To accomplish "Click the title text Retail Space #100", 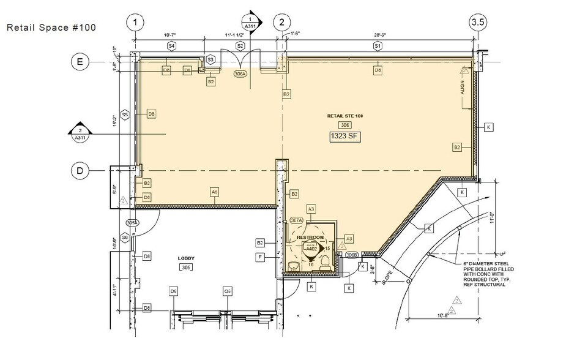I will pyautogui.click(x=51, y=28).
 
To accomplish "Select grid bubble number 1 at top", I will pyautogui.click(x=135, y=23).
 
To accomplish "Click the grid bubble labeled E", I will pyautogui.click(x=80, y=61).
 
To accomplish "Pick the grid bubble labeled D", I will pyautogui.click(x=80, y=171).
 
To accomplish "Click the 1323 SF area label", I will pyautogui.click(x=343, y=137).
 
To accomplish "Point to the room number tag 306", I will pyautogui.click(x=343, y=125).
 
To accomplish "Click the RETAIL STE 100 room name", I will pyautogui.click(x=343, y=115).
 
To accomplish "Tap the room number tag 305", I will pyautogui.click(x=186, y=268).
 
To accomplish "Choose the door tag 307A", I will pyautogui.click(x=297, y=220).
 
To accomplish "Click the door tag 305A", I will pyautogui.click(x=133, y=222).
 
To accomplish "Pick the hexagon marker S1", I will pyautogui.click(x=377, y=46).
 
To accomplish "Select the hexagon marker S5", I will pyautogui.click(x=125, y=114).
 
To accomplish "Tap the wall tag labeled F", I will pyautogui.click(x=260, y=257).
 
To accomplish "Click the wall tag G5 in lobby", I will pyautogui.click(x=227, y=291).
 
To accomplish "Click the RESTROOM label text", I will pyautogui.click(x=310, y=236).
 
